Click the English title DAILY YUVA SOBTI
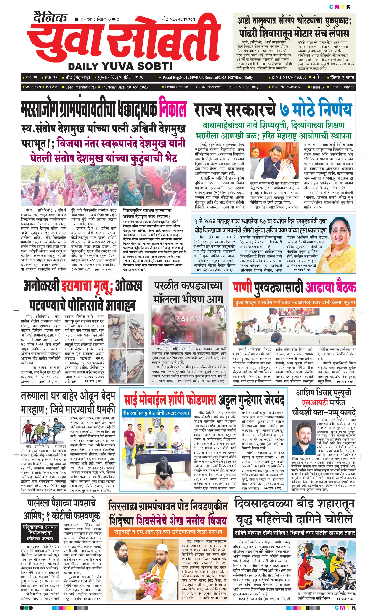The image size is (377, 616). point(120,66)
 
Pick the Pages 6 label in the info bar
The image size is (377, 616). point(317,87)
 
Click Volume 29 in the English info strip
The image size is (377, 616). point(33,87)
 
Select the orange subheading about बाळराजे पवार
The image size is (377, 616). point(294,302)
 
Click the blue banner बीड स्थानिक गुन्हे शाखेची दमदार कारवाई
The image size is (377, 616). point(156,413)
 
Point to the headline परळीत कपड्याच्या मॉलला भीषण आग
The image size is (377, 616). point(188,292)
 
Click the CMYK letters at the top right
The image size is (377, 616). point(340,7)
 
